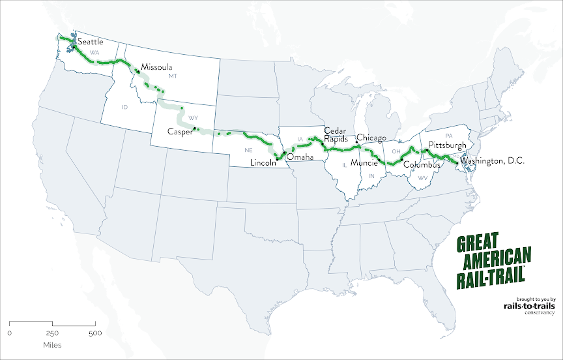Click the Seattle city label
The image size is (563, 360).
pyautogui.click(x=91, y=42)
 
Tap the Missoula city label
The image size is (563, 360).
pyautogui.click(x=156, y=67)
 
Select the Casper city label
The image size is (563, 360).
pyautogui.click(x=180, y=131)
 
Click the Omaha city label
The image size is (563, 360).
pyautogui.click(x=300, y=157)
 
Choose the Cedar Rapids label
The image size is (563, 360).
pyautogui.click(x=336, y=134)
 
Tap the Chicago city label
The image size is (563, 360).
pyautogui.click(x=371, y=138)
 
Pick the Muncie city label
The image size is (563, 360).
pyautogui.click(x=364, y=163)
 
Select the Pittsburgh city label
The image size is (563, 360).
pyautogui.click(x=448, y=144)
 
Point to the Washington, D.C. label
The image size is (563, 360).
pyautogui.click(x=492, y=160)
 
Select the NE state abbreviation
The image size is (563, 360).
pyautogui.click(x=248, y=150)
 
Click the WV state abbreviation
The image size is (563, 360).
pyautogui.click(x=422, y=177)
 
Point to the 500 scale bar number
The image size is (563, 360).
pyautogui.click(x=95, y=333)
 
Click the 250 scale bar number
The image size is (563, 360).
pyautogui.click(x=53, y=333)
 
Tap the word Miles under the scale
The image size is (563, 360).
pyautogui.click(x=53, y=344)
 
